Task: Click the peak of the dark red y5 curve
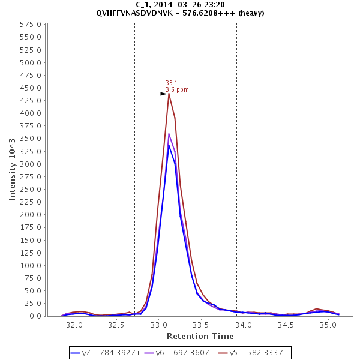pos(169,93)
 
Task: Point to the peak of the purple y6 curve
pos(169,134)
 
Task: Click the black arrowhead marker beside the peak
pos(163,94)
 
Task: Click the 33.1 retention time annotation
pos(171,83)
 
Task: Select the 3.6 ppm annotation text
pos(177,90)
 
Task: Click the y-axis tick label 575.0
pos(30,25)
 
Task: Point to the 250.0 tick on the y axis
pos(30,190)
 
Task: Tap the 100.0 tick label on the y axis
pos(30,265)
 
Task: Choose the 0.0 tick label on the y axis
pos(34,316)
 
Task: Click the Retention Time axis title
pos(200,336)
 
